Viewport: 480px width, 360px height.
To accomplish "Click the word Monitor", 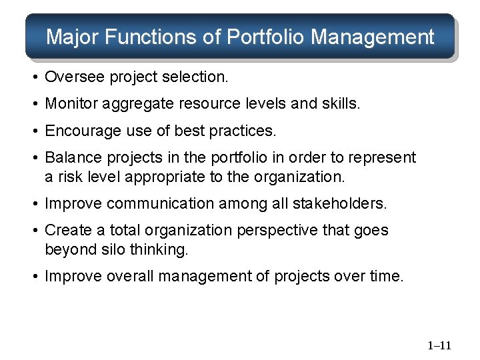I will pyautogui.click(x=68, y=105).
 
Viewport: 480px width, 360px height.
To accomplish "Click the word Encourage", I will pyautogui.click(x=78, y=131).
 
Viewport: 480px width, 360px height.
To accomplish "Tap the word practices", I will pyautogui.click(x=241, y=131).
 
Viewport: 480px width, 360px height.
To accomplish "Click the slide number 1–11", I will pyautogui.click(x=439, y=345).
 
